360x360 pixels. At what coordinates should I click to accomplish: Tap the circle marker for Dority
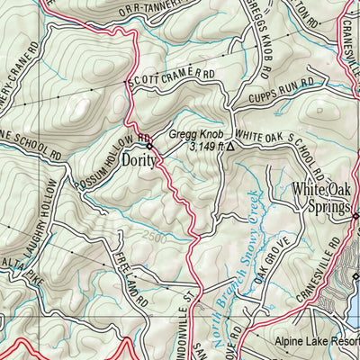tap(150, 145)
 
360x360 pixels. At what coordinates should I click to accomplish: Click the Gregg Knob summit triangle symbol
tap(229, 146)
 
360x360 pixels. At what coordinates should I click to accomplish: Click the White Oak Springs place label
tap(320, 200)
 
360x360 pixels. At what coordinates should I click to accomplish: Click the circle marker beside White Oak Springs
tap(355, 216)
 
